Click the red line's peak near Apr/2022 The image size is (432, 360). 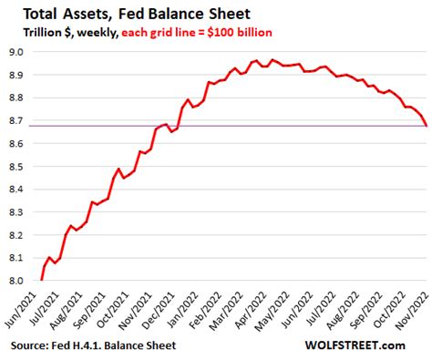(273, 60)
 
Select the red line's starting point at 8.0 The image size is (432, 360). (42, 279)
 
